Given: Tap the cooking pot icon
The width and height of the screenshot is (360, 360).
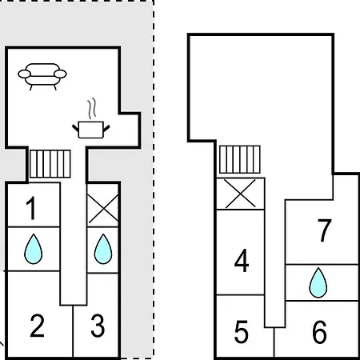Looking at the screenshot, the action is [91, 130].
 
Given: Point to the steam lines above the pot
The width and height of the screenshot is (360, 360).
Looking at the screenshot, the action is [92, 108].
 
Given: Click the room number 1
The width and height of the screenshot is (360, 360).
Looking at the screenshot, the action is [31, 208].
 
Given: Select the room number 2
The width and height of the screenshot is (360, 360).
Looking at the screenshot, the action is [37, 326].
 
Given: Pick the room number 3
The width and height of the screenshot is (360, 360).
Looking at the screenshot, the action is [98, 326].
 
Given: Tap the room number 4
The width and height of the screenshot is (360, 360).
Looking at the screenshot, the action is [242, 261].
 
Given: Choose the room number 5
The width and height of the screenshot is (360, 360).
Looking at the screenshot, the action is [242, 332].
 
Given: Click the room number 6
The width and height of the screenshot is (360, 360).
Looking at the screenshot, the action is [319, 332].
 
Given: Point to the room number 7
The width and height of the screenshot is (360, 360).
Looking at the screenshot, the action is [324, 230].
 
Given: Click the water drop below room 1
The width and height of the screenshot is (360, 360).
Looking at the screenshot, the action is [33, 249].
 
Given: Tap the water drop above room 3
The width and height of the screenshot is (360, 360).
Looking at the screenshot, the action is [103, 249].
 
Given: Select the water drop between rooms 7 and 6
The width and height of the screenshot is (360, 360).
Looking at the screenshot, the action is [318, 282].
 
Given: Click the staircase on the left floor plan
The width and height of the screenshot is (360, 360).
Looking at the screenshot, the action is [50, 164].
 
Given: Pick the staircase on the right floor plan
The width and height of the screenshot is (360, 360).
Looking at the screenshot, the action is [240, 159].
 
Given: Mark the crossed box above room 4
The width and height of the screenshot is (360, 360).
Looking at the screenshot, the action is [240, 194].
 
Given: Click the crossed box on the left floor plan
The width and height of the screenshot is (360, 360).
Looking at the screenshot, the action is [103, 206].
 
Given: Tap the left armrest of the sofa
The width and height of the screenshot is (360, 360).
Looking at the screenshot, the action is [24, 74].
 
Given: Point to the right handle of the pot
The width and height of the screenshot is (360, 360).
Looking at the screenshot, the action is [106, 129].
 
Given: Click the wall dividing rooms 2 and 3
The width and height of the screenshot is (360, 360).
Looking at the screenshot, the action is [73, 331].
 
